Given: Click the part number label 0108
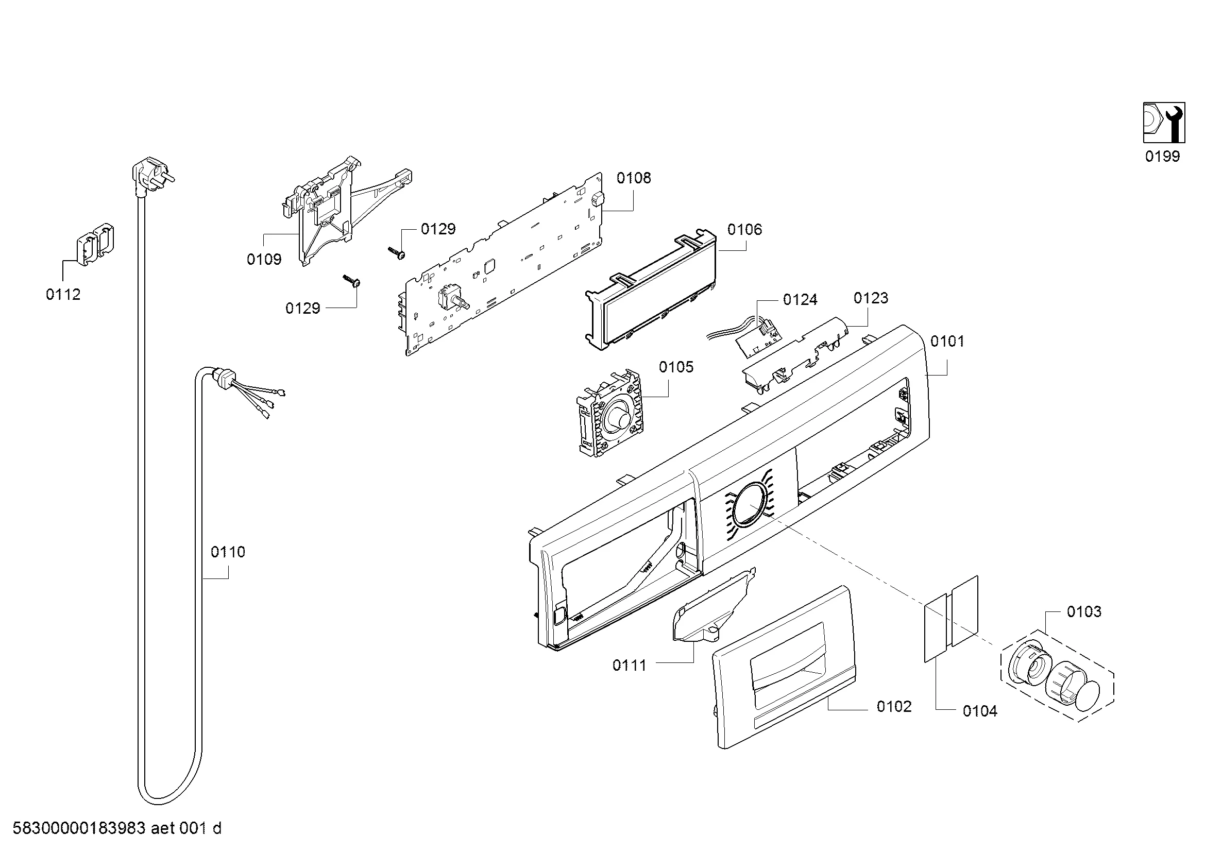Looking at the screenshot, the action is (x=634, y=178).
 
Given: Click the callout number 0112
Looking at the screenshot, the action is (x=63, y=294).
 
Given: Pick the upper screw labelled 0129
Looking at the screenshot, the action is (x=397, y=252).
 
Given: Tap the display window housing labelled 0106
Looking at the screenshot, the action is (x=651, y=288).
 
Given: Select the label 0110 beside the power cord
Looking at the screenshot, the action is (x=228, y=552).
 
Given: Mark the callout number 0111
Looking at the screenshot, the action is (x=629, y=665).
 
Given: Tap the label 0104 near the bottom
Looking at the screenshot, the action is (x=980, y=711).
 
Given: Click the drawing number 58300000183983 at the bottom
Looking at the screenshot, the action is (x=79, y=828).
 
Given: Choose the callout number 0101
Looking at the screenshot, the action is (x=947, y=342).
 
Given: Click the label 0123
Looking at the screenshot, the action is (x=871, y=298).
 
